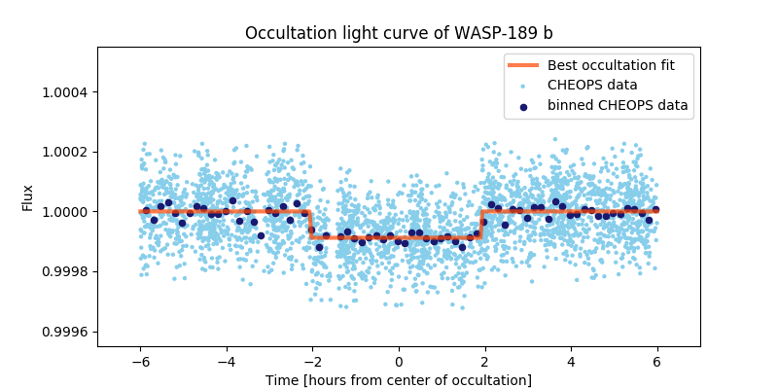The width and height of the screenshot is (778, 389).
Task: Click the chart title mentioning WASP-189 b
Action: tap(399, 33)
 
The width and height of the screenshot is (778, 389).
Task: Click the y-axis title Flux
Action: tap(28, 197)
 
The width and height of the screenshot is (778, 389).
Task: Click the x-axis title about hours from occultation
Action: tap(399, 379)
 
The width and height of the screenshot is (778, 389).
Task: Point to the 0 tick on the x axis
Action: tap(399, 360)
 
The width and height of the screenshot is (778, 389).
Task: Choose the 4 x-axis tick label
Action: tap(571, 360)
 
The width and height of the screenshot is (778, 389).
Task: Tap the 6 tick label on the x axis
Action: tap(657, 360)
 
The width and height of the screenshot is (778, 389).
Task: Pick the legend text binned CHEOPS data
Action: tap(618, 105)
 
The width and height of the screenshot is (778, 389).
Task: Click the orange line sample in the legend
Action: tap(524, 64)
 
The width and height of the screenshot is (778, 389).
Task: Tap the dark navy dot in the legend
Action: tap(524, 105)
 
